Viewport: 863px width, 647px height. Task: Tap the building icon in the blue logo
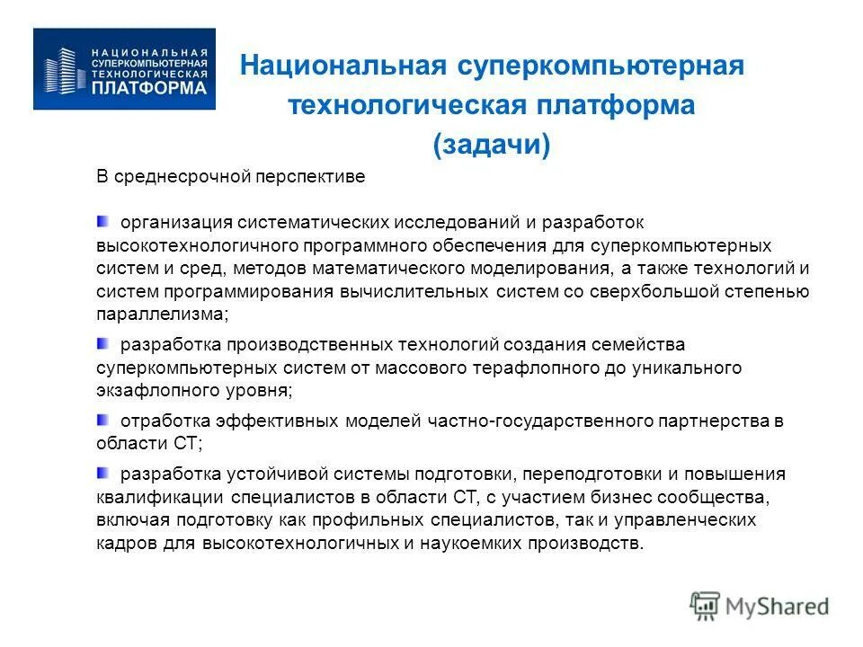point(63,69)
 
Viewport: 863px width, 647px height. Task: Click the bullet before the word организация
point(103,220)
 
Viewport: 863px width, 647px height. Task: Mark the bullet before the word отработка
point(103,419)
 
